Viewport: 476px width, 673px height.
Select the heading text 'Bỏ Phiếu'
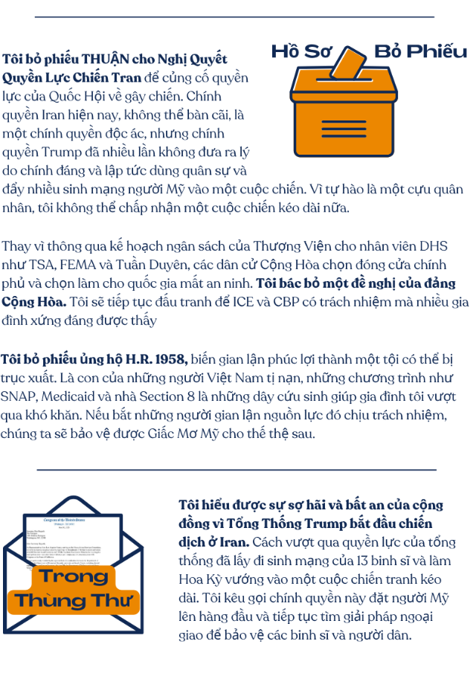tap(421, 51)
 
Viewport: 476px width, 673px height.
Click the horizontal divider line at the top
tap(234, 16)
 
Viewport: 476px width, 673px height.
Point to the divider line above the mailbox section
tap(237, 470)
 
